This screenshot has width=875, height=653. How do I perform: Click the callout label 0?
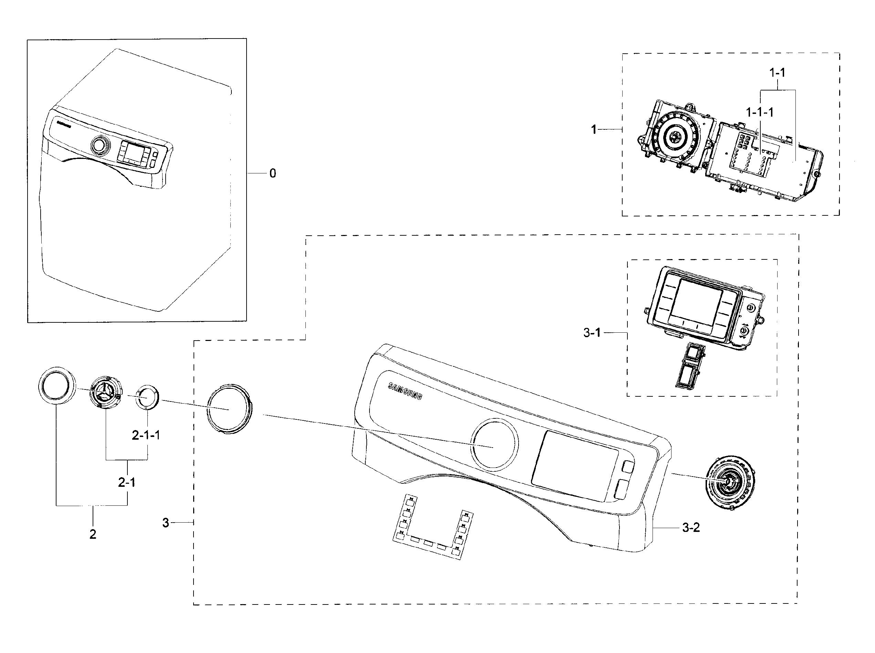pyautogui.click(x=272, y=173)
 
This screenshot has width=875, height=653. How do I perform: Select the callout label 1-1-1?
pyautogui.click(x=760, y=113)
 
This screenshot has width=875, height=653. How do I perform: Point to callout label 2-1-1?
pyautogui.click(x=146, y=435)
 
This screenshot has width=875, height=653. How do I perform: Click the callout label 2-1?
pyautogui.click(x=127, y=482)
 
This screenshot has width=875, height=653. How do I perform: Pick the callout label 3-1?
pyautogui.click(x=592, y=333)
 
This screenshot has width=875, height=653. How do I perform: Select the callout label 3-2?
pyautogui.click(x=691, y=527)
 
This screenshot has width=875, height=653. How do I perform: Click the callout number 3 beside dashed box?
pyautogui.click(x=165, y=523)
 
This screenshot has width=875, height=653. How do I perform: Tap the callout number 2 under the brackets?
pyautogui.click(x=93, y=534)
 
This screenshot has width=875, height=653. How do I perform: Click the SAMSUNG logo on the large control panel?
pyautogui.click(x=405, y=391)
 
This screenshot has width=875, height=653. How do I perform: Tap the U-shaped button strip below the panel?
pyautogui.click(x=433, y=526)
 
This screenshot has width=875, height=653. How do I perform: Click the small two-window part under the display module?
pyautogui.click(x=691, y=364)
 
